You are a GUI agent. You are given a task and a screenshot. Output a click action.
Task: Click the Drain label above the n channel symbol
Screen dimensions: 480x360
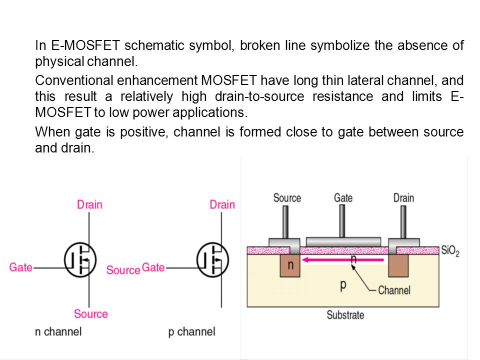click(89, 204)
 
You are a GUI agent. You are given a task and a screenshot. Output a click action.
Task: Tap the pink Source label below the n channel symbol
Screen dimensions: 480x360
click(91, 314)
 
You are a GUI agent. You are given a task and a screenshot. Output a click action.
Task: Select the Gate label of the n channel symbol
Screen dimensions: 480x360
click(21, 267)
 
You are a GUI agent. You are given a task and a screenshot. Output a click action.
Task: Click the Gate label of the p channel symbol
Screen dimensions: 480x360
click(153, 267)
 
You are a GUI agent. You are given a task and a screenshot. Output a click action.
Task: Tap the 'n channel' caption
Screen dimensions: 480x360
click(58, 331)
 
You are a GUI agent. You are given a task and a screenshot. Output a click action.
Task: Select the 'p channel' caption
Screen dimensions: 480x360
click(192, 332)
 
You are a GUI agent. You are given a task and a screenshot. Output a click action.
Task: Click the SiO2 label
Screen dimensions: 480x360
click(450, 251)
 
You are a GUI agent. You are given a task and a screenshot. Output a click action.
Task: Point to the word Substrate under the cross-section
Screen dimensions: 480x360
click(345, 315)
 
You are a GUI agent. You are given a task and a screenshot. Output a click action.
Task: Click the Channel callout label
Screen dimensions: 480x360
click(394, 290)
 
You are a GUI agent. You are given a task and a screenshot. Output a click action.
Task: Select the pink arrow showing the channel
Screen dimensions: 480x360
click(343, 260)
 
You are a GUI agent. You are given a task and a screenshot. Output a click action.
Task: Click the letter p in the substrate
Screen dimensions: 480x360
click(343, 285)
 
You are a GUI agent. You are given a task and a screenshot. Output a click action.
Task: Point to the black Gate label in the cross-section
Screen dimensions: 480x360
click(343, 198)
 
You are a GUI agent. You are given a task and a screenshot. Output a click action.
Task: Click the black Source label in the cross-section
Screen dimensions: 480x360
click(287, 198)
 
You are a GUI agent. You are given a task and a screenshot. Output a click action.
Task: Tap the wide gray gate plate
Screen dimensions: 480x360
click(343, 242)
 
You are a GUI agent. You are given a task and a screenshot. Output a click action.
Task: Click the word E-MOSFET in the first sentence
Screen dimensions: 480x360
click(85, 45)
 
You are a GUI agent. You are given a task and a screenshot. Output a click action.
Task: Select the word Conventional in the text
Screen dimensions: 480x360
click(74, 80)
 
